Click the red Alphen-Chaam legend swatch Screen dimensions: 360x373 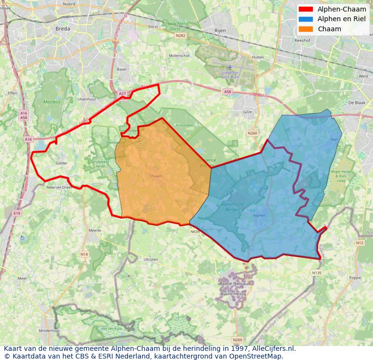[305, 9]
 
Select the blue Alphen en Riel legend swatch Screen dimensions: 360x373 [305, 19]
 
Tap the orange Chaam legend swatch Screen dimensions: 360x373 [305, 29]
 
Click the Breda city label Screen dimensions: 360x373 [63, 29]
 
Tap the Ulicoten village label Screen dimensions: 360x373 [151, 259]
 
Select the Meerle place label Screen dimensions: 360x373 [95, 231]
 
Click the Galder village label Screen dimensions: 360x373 [61, 163]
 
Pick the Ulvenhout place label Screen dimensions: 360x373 [87, 99]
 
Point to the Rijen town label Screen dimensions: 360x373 [219, 30]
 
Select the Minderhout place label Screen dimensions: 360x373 [49, 331]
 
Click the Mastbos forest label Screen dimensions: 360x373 [51, 102]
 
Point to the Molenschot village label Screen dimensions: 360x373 [179, 56]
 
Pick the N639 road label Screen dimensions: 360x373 [194, 232]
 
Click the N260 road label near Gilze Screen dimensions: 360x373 [253, 133]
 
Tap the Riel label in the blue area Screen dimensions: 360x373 [334, 140]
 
